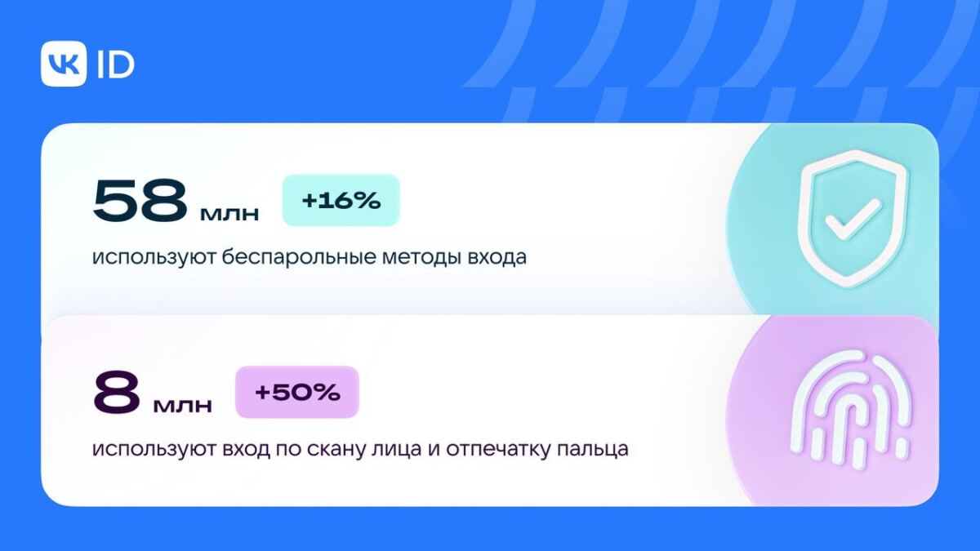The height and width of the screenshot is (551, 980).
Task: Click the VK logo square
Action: (x=64, y=64)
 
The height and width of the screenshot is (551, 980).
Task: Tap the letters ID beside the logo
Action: (x=115, y=64)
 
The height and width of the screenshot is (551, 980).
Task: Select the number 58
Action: (x=140, y=201)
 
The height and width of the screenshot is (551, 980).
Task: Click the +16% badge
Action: (x=341, y=201)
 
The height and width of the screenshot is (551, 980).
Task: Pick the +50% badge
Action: (x=297, y=393)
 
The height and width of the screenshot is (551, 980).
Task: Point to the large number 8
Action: (x=117, y=393)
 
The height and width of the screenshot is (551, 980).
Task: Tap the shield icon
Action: (x=851, y=218)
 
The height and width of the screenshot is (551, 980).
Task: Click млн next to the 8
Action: (x=183, y=406)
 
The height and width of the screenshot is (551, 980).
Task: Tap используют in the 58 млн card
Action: (x=151, y=258)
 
